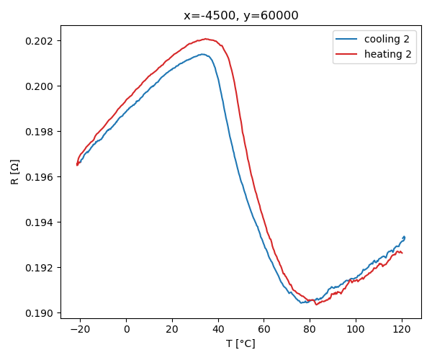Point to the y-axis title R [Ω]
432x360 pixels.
15,171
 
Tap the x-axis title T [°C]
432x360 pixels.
240,344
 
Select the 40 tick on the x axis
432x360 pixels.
218,330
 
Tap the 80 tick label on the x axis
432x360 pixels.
310,330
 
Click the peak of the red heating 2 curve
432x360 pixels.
206,39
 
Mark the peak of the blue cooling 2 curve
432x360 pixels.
203,54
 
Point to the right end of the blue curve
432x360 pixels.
405,237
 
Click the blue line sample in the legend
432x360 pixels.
347,39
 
